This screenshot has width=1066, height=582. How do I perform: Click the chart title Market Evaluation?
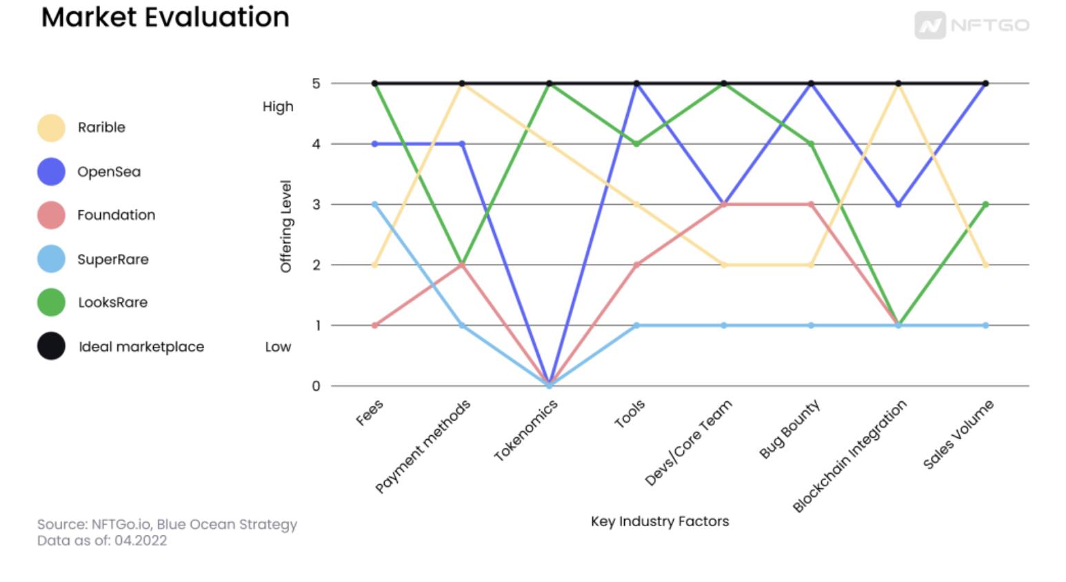point(165,17)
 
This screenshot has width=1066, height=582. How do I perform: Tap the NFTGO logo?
point(972,26)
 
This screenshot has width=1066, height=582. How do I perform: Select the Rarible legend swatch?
point(51,128)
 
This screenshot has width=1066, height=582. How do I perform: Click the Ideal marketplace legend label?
point(141,347)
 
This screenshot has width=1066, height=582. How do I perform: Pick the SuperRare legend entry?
point(112,259)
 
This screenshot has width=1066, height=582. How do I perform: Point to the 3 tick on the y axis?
point(316,204)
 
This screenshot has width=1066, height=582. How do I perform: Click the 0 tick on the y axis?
point(316,386)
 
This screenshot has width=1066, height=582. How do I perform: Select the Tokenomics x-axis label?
point(526,431)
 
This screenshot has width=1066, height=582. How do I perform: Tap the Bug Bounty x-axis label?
point(790,429)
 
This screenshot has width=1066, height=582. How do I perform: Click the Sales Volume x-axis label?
point(958,434)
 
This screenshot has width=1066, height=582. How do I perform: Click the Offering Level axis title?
point(286,226)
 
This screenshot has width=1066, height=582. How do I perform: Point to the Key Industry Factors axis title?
point(659,521)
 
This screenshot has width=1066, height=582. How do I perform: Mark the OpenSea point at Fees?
point(375,144)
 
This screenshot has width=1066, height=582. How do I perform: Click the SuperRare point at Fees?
point(375,204)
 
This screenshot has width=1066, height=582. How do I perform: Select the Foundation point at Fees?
point(375,325)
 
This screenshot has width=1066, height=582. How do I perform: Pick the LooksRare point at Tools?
point(636,144)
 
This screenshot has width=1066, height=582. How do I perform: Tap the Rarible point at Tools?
point(636,204)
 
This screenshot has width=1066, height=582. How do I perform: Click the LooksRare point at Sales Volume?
point(985,204)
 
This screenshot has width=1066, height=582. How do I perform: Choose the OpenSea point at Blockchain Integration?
point(898,205)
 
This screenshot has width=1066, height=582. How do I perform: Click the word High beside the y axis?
point(278,107)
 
